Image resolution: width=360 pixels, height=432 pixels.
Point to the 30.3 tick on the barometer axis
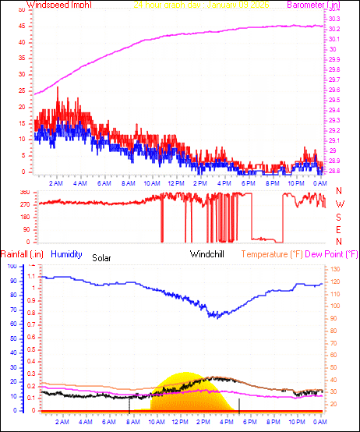point(334,19)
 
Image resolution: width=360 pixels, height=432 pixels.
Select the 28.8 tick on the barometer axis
point(334,171)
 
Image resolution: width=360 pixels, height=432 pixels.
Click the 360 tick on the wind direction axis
point(24,192)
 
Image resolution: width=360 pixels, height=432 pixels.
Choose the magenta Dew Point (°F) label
point(331,254)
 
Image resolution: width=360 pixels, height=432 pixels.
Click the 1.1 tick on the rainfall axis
point(31,276)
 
